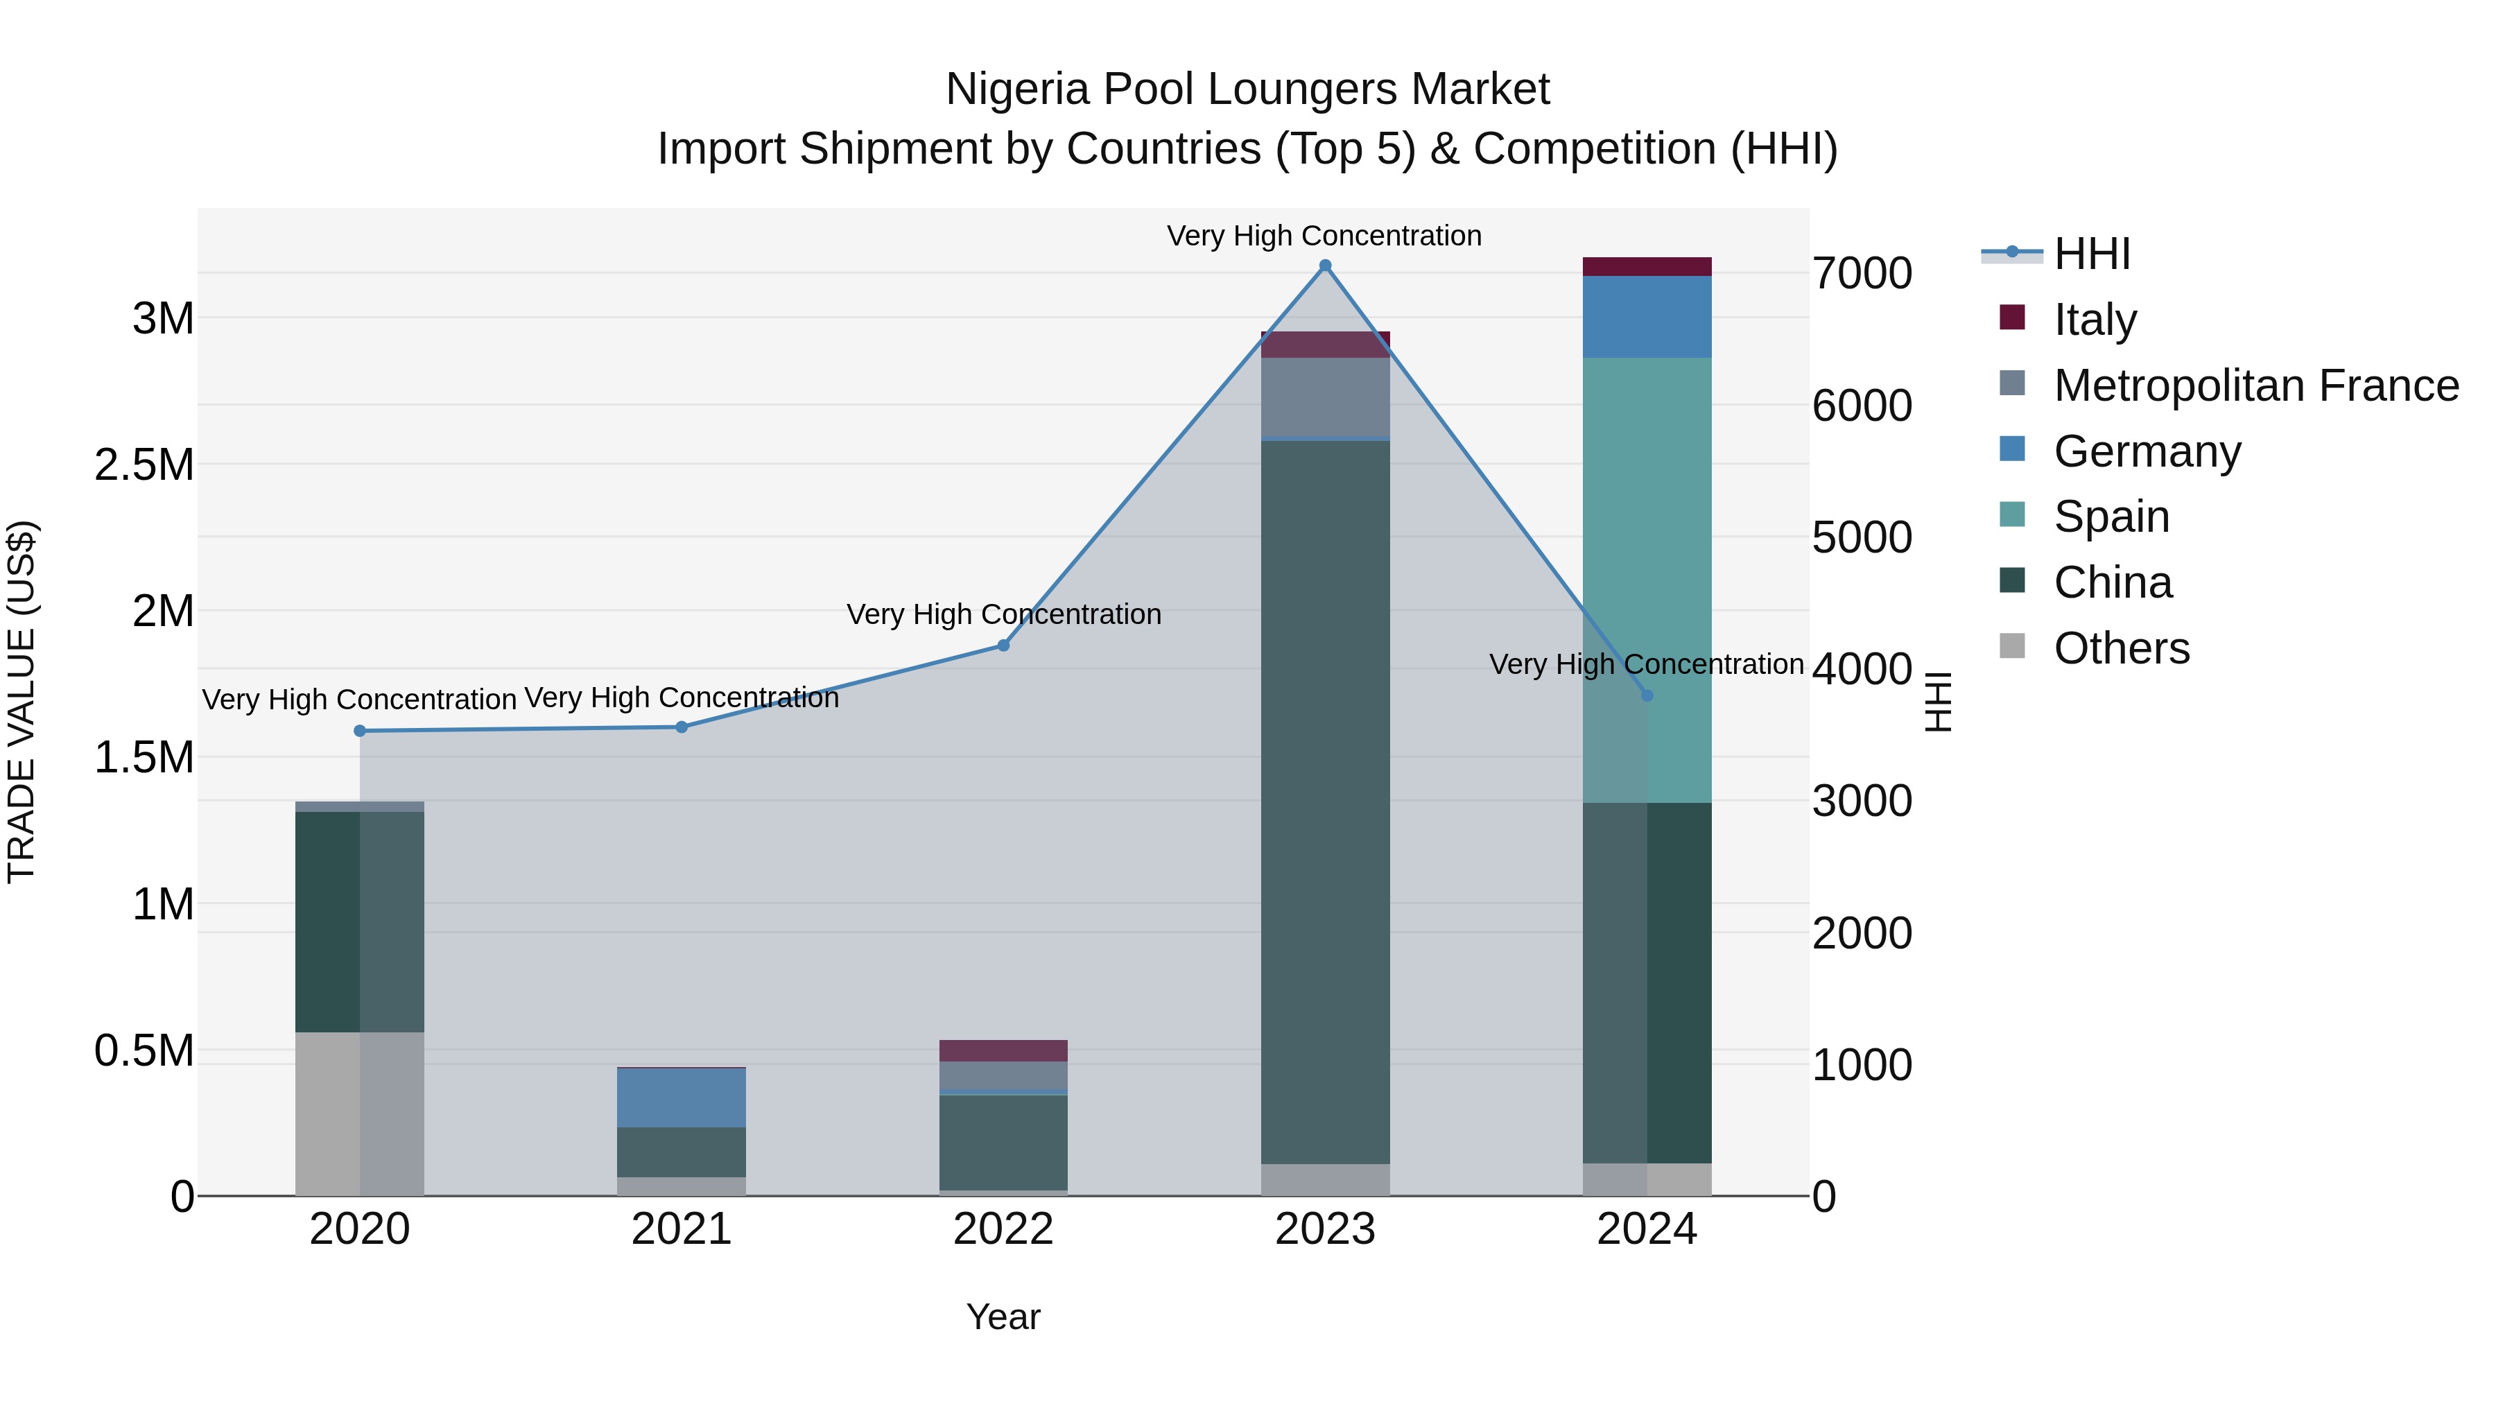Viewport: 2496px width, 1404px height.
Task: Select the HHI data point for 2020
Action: (359, 731)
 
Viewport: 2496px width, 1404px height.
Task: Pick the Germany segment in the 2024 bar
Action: (1647, 316)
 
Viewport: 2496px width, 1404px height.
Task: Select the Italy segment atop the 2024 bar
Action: (1647, 266)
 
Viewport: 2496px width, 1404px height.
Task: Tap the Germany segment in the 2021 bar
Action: (681, 1097)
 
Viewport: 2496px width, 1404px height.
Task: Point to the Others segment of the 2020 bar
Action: (359, 1113)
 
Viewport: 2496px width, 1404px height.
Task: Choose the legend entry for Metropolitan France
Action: (2255, 385)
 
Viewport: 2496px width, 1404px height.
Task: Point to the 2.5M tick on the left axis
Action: (144, 465)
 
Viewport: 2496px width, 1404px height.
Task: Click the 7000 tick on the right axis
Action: (1862, 273)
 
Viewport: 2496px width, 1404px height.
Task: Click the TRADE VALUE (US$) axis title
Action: (22, 702)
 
